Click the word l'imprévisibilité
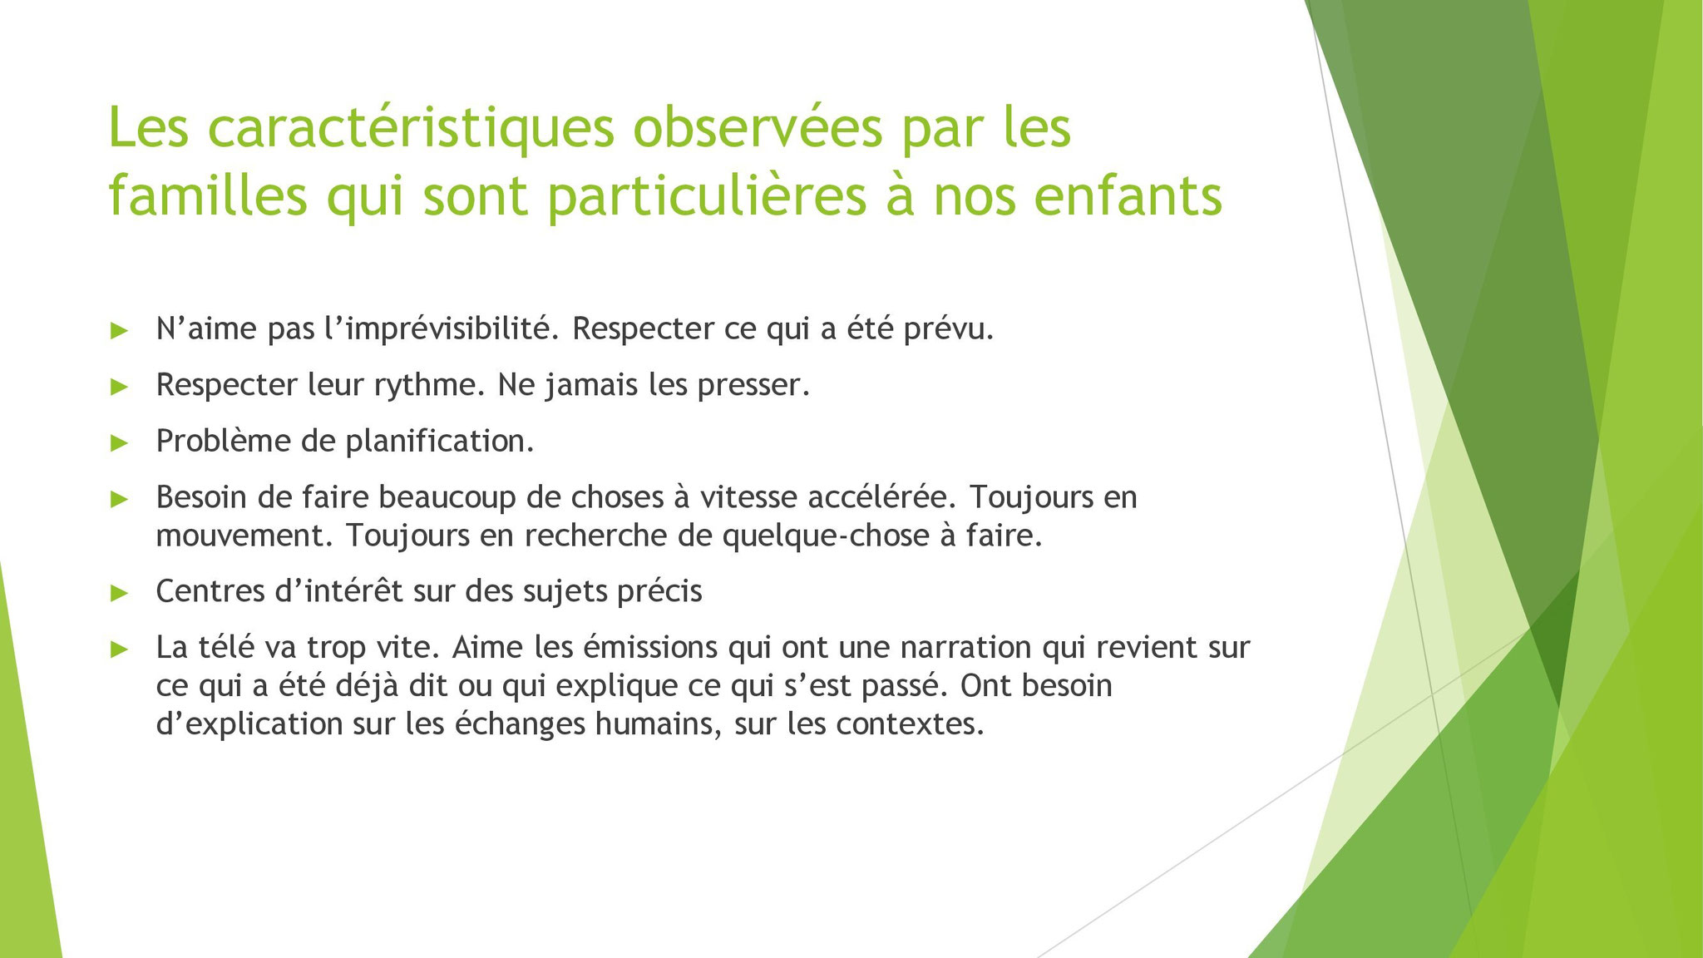(442, 330)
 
